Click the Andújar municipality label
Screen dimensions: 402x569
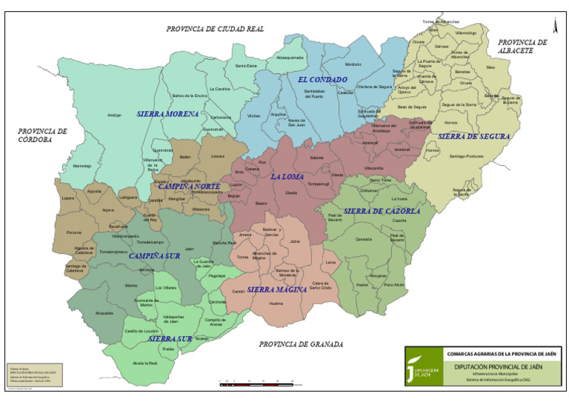[x=113, y=115]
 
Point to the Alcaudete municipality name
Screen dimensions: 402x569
[x=104, y=313]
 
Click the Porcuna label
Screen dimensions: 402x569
[x=73, y=232]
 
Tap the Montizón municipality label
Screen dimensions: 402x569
[x=353, y=64]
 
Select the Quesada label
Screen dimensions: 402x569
[x=364, y=239]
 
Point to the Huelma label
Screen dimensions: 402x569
[x=276, y=304]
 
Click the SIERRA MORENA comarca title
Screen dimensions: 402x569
[x=168, y=114]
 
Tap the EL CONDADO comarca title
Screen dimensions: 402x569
[x=322, y=79]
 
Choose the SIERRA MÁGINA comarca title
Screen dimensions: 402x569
[x=276, y=289]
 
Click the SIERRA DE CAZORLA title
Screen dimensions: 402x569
[x=382, y=211]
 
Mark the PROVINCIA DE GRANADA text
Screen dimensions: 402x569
[x=301, y=344]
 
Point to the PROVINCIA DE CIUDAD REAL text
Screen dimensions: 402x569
[x=215, y=29]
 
